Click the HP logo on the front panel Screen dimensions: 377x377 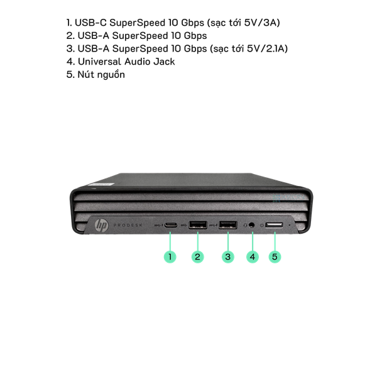point(101,226)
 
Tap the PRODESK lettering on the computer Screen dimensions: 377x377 point(128,226)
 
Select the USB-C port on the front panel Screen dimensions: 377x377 point(171,225)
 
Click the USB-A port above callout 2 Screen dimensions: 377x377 point(198,225)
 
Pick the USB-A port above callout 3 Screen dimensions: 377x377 point(227,225)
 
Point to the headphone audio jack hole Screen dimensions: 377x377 point(251,226)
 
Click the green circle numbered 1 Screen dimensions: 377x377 point(170,257)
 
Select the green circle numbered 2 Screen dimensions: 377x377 point(198,257)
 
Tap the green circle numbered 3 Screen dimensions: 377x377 point(228,257)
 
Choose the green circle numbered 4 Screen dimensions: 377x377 point(253,257)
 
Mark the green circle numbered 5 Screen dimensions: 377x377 point(275,257)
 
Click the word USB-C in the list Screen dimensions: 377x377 point(90,23)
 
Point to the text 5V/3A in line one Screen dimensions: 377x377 point(262,23)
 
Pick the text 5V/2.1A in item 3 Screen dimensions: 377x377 point(268,48)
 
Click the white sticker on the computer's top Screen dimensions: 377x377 point(101,184)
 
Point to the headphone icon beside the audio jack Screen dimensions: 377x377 point(245,226)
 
